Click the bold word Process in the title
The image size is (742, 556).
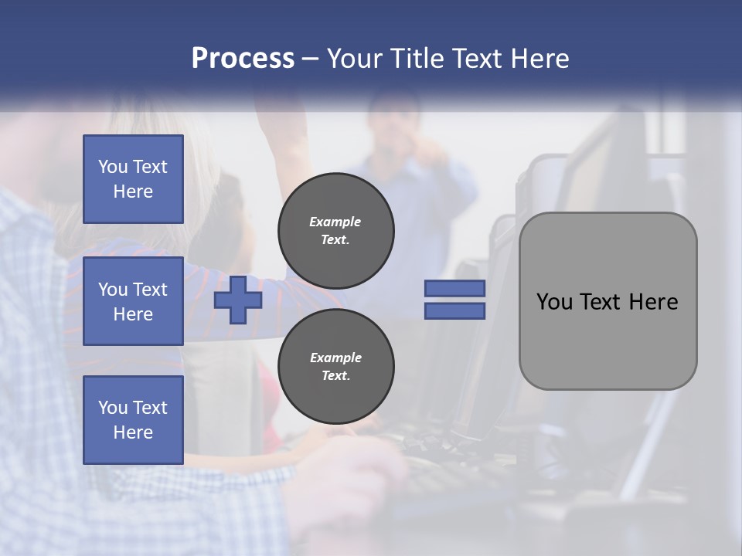pos(243,59)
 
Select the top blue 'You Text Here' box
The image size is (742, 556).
pos(133,179)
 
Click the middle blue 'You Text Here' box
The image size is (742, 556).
pos(133,301)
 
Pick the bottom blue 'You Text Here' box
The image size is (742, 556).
pos(133,420)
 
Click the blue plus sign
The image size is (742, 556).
pos(238,300)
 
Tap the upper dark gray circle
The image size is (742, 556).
pos(335,230)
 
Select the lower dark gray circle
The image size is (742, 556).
pos(335,366)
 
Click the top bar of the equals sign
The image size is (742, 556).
pos(454,289)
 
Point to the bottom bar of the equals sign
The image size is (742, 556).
pos(454,310)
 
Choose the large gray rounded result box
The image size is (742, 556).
pos(608,340)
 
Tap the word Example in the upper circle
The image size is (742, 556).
pos(335,222)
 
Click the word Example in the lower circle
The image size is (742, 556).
pos(335,358)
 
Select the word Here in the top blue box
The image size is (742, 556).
pos(133,192)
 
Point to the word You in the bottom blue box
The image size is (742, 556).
pos(113,408)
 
